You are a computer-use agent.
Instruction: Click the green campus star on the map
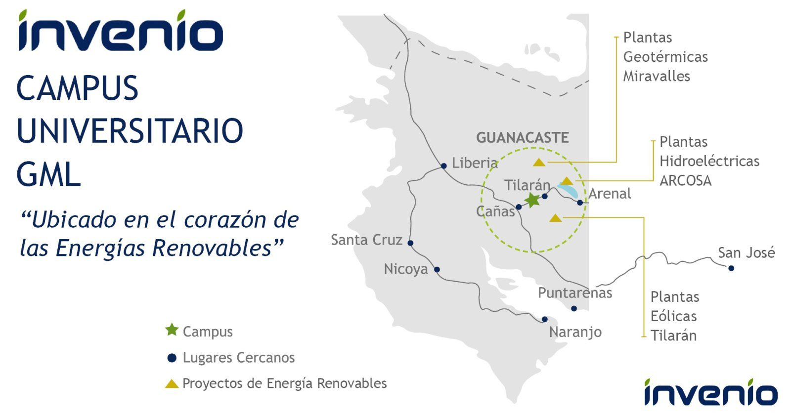[x=532, y=200]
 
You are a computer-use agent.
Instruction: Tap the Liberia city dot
[x=444, y=166]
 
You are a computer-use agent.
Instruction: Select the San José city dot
[x=731, y=268]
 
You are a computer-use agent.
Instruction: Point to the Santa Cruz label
[x=366, y=240]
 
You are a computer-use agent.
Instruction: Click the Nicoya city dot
[x=437, y=270]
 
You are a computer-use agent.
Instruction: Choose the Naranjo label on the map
[x=575, y=332]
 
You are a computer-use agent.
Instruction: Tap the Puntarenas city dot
[x=574, y=308]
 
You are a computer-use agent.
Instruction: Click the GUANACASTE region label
[x=522, y=138]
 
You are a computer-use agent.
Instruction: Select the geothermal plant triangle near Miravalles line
[x=539, y=163]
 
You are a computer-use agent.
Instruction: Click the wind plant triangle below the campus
[x=556, y=218]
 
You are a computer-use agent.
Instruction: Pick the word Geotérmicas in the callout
[x=665, y=57]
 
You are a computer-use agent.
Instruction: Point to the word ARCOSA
[x=685, y=181]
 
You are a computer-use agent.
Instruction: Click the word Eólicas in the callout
[x=674, y=316]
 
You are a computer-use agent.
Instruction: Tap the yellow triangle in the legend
[x=172, y=384]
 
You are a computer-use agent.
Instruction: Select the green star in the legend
[x=172, y=330]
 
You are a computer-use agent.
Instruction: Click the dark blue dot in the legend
[x=172, y=358]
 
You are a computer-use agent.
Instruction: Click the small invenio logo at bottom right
[x=711, y=392]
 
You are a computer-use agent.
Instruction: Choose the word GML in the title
[x=49, y=174]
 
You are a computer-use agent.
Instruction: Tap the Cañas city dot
[x=519, y=207]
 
